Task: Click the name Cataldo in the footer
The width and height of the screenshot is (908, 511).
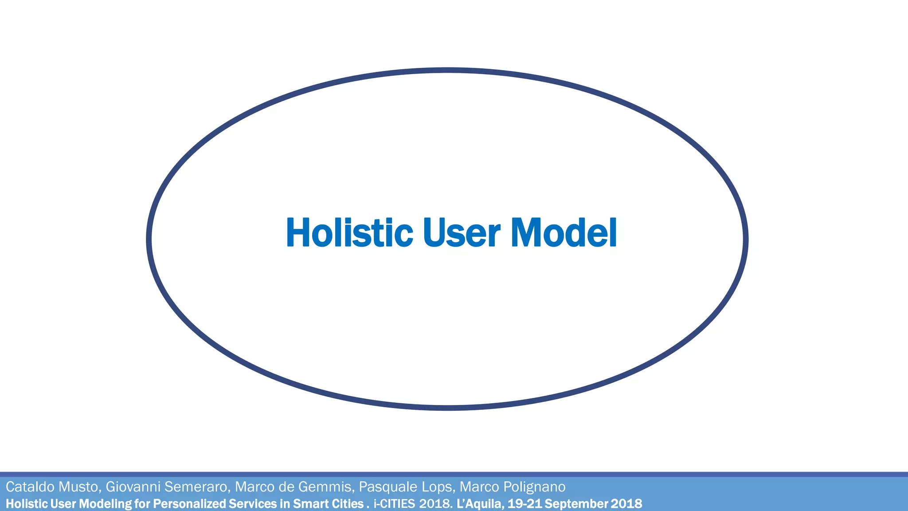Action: (x=30, y=487)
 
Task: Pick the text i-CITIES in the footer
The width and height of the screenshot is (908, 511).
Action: (x=394, y=504)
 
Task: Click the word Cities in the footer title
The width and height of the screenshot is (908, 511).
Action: (x=347, y=504)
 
